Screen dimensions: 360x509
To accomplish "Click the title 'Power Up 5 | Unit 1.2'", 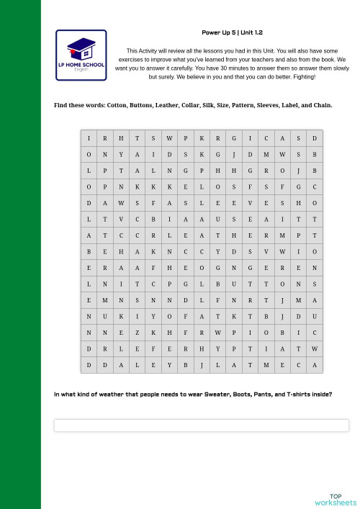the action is pos(232,33).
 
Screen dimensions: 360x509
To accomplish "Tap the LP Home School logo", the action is pos(81,55).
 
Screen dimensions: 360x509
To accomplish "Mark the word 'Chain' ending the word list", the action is pos(323,105).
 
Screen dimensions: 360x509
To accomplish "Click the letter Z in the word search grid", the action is pos(135,333).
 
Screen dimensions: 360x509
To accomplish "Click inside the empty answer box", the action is pos(201,425).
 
